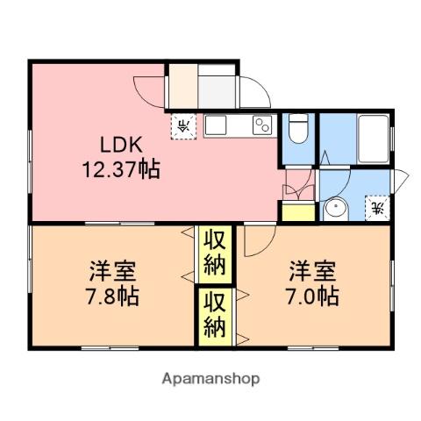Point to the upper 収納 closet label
pyautogui.click(x=217, y=250)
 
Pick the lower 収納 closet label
pyautogui.click(x=217, y=315)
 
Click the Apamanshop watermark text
pyautogui.click(x=210, y=379)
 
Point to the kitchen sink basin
pyautogui.click(x=218, y=125)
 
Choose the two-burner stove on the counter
pyautogui.click(x=262, y=126)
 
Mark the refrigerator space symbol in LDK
pyautogui.click(x=184, y=125)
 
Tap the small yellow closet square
pyautogui.click(x=296, y=211)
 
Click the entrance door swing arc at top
pyautogui.click(x=254, y=89)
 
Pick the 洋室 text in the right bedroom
pyautogui.click(x=312, y=268)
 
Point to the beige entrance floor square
pyautogui.click(x=182, y=84)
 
